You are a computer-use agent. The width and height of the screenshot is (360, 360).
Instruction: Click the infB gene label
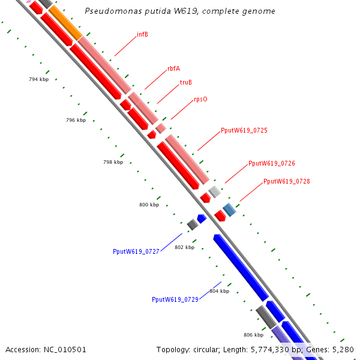point(142,34)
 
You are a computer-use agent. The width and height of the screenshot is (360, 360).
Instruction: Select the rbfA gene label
point(173,68)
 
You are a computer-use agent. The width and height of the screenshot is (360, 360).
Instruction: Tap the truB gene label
point(186,82)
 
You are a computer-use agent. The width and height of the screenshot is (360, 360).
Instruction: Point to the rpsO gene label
point(200,99)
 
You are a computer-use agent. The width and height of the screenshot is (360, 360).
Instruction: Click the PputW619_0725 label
point(244,130)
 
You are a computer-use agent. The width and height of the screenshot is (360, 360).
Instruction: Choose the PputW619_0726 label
point(272,163)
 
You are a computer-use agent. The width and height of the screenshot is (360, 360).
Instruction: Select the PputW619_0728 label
point(287,181)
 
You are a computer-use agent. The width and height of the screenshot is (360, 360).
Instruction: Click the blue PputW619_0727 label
point(136,251)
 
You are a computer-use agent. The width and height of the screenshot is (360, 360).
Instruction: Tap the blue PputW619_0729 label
point(175,299)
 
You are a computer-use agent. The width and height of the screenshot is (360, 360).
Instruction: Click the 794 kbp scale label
point(38,79)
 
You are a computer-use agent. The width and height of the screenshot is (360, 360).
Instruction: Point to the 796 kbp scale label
point(76,120)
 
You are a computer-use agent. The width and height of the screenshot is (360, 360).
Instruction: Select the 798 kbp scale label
point(113,162)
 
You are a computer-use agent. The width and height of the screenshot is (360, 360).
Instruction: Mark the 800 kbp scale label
point(149,205)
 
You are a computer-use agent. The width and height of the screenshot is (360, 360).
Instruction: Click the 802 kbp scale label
point(184,247)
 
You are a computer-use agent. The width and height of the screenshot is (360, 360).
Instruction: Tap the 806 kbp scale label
point(253,334)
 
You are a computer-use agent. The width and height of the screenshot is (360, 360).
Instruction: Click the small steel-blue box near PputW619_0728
point(229,209)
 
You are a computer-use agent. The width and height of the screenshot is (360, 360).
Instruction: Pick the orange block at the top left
point(64,22)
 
